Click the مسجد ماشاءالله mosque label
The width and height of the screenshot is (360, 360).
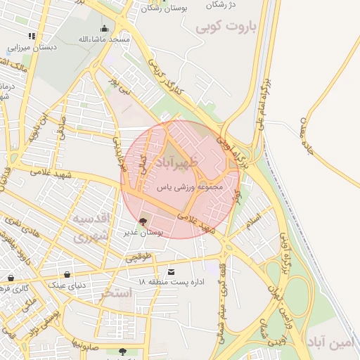pyautogui.click(x=105, y=39)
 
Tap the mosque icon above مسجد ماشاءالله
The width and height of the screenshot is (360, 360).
pyautogui.click(x=105, y=29)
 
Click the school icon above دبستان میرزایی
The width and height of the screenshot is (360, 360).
pyautogui.click(x=30, y=36)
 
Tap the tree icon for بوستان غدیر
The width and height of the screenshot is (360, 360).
pyautogui.click(x=144, y=221)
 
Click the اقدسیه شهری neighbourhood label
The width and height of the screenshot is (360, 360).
pyautogui.click(x=92, y=228)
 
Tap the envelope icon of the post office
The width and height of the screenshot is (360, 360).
pyautogui.click(x=171, y=271)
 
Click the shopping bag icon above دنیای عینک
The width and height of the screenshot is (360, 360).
pyautogui.click(x=67, y=274)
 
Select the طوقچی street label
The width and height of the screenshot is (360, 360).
pyautogui.click(x=139, y=257)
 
